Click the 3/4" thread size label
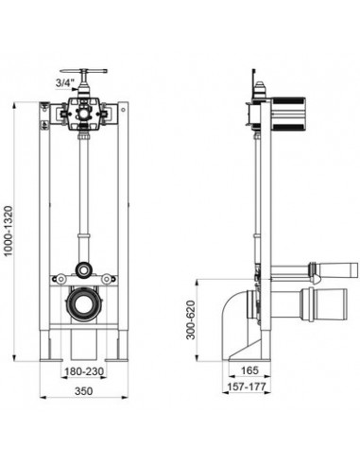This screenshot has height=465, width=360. pyautogui.click(x=65, y=83)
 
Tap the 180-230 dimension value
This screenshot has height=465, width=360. pyautogui.click(x=84, y=371)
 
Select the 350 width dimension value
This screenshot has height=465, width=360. pyautogui.click(x=84, y=391)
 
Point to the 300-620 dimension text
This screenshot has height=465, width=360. pyautogui.click(x=191, y=319)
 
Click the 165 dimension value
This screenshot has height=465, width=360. pyautogui.click(x=249, y=370)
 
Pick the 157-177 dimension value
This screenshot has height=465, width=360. pyautogui.click(x=247, y=387)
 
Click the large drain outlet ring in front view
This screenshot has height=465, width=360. pyautogui.click(x=84, y=304)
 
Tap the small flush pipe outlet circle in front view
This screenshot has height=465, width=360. pyautogui.click(x=84, y=270)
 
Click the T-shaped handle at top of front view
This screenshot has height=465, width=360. pyautogui.click(x=84, y=72)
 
